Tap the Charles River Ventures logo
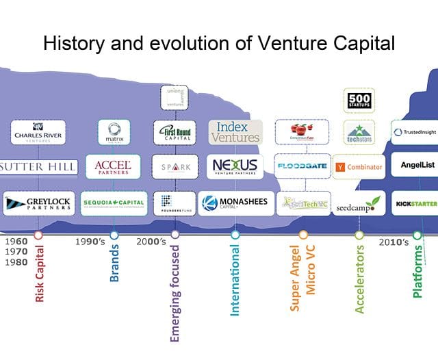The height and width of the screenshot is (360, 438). click(x=38, y=131)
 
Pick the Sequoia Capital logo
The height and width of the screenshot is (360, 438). click(x=114, y=203)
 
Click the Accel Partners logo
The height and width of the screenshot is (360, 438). click(x=113, y=166)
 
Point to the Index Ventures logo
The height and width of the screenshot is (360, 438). click(x=235, y=131)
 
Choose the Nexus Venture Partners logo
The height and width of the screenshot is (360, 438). click(x=235, y=166)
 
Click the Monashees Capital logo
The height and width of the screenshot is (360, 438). click(x=234, y=203)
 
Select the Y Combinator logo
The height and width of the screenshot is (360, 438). click(x=359, y=166)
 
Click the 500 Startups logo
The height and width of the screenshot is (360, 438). click(x=359, y=101)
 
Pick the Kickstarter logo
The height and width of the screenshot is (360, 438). click(x=415, y=203)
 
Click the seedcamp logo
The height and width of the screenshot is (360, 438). click(x=359, y=204)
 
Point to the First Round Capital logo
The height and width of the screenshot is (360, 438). click(x=175, y=131)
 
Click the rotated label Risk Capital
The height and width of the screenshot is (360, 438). click(x=39, y=274)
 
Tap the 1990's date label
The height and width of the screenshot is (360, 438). click(x=90, y=242)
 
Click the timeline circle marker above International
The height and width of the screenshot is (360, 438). click(x=235, y=235)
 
